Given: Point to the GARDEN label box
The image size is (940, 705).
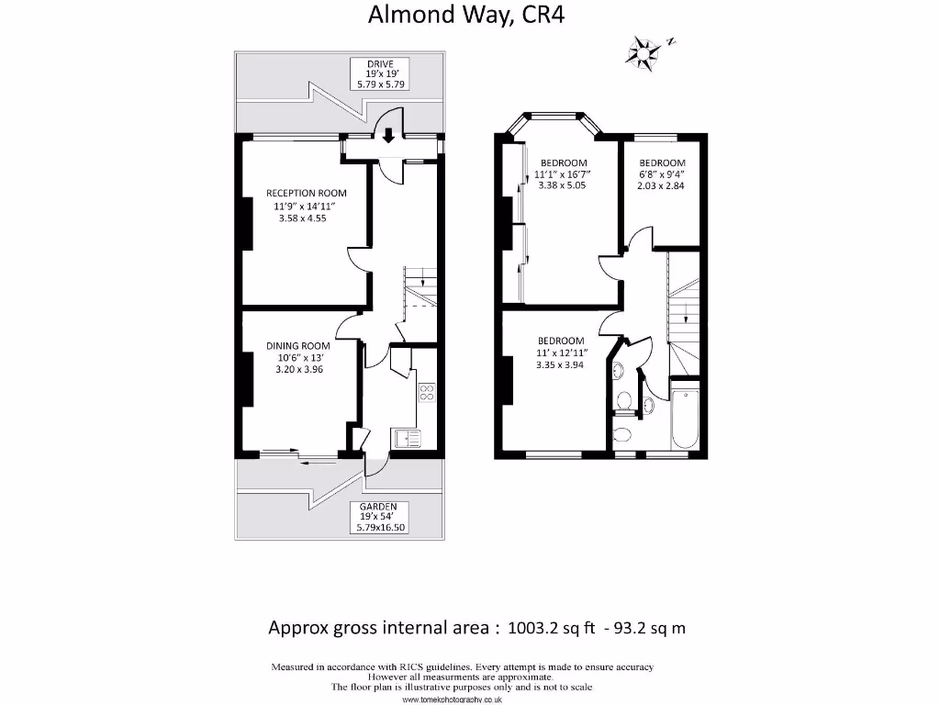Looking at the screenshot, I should (x=378, y=517).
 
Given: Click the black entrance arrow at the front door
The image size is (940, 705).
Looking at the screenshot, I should (x=388, y=136).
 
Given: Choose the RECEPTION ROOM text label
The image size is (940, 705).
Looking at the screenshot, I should (x=307, y=193).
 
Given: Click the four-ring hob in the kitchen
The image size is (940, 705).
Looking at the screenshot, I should (x=427, y=393).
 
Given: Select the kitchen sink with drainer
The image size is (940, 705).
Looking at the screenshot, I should (x=407, y=439).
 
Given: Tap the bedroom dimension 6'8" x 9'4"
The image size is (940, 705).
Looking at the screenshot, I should (x=661, y=174).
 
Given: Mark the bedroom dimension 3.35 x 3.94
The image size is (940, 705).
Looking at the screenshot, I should (x=560, y=363).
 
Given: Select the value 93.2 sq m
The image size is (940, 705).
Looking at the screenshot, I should (x=646, y=628).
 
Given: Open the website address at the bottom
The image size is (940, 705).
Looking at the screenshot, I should (x=452, y=699).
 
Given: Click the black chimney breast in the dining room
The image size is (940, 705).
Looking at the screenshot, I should (x=246, y=378).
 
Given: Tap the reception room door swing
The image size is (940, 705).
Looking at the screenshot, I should (x=358, y=259).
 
